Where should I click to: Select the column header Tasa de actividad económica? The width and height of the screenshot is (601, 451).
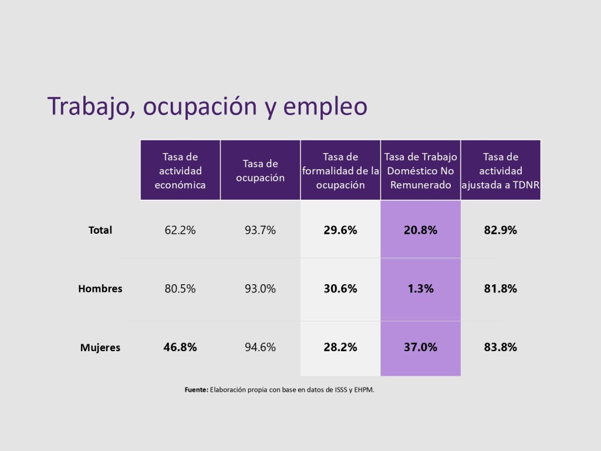(180, 171)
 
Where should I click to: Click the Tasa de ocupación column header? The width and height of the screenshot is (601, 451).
(260, 171)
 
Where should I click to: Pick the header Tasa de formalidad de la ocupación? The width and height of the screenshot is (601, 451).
(340, 171)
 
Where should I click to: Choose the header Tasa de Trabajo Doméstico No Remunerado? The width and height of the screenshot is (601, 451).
(420, 171)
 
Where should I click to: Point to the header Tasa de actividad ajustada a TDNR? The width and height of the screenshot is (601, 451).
(501, 171)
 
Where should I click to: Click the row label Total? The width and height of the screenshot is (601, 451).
(100, 231)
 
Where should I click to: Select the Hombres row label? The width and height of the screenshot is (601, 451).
(100, 289)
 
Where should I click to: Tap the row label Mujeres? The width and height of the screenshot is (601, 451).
(100, 348)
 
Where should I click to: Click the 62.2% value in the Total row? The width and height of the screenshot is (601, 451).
(180, 230)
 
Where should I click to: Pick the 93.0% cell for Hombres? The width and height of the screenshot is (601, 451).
(260, 289)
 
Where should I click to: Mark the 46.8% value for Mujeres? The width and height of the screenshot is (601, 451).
(180, 347)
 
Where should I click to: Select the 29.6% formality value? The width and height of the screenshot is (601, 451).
(340, 230)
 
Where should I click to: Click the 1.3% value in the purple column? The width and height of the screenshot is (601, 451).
(420, 289)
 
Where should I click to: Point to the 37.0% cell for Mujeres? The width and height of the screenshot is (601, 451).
(420, 347)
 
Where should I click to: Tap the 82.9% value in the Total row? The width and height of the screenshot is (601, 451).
(501, 230)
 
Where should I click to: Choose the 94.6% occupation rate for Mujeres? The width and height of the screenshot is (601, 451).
(260, 347)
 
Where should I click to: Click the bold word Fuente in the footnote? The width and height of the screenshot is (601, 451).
(196, 389)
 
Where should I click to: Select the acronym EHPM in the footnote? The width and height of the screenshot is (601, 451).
(363, 389)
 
